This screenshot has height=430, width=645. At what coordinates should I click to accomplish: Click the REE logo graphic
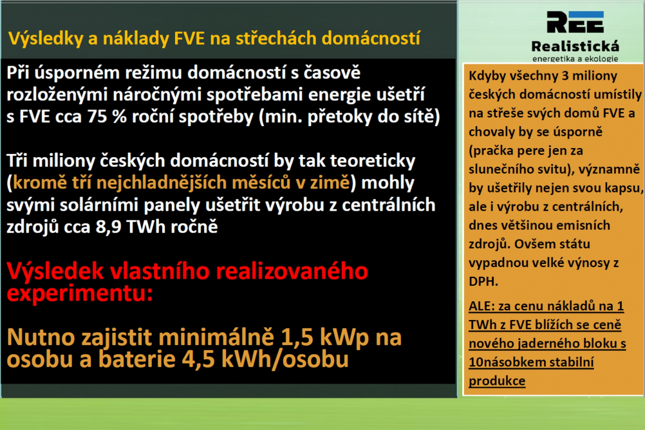tap(575, 22)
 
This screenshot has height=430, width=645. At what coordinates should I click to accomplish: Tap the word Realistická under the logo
tap(575, 46)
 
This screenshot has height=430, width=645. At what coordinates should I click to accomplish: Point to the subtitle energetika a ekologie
tap(575, 59)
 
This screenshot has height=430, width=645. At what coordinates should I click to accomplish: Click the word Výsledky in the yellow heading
tap(45, 39)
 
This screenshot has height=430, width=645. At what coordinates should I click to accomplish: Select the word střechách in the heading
tap(276, 38)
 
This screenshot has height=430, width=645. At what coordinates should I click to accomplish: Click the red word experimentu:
tap(80, 294)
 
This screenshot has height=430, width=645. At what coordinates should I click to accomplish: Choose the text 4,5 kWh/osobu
tap(265, 359)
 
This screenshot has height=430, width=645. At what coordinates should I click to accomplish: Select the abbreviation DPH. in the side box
tap(483, 281)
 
